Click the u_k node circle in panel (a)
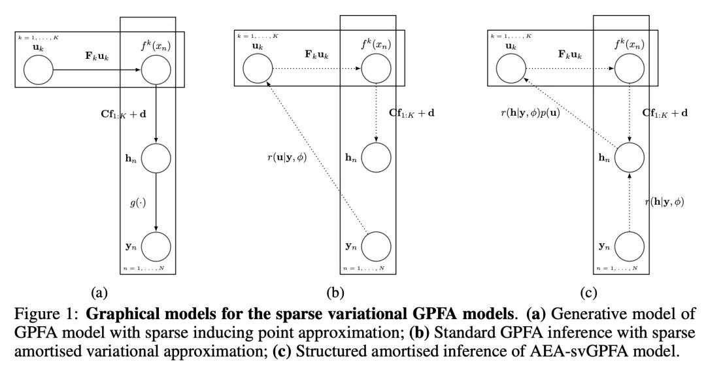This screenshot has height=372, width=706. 39,69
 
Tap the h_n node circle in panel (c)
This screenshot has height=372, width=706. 628,158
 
